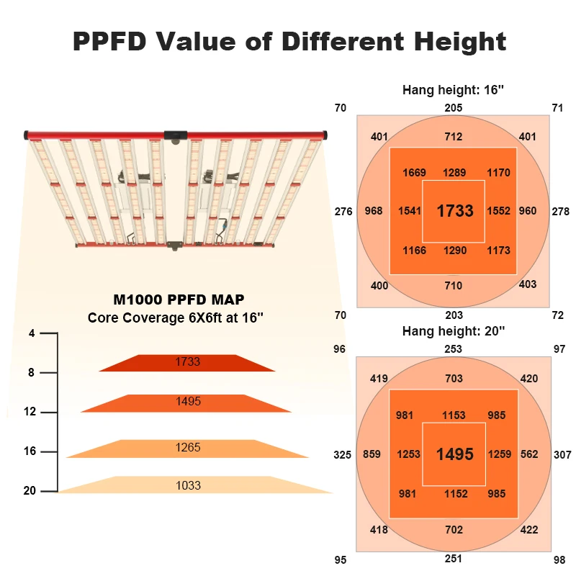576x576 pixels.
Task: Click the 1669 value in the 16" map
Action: [414, 173]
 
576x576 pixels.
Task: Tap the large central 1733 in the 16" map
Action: [455, 211]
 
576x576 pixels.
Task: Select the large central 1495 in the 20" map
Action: [455, 454]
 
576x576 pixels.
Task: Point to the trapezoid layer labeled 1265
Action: [187, 448]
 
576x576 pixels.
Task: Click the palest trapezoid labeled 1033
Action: [189, 485]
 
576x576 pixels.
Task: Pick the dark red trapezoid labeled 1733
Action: [188, 362]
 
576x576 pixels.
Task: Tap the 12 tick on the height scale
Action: [30, 412]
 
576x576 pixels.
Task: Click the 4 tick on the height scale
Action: [32, 334]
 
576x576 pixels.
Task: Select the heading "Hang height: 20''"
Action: [454, 331]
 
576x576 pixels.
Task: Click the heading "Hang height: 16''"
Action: [454, 91]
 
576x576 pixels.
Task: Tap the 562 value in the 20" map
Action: [528, 454]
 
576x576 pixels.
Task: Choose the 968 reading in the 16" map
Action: [374, 212]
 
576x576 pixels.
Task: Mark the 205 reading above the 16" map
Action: [454, 108]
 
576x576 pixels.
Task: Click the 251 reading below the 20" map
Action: [454, 559]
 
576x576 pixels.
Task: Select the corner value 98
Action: [560, 559]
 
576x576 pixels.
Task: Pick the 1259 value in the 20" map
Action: [499, 454]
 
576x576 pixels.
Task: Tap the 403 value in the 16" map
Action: [528, 284]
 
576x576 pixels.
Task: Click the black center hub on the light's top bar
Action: [176, 135]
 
